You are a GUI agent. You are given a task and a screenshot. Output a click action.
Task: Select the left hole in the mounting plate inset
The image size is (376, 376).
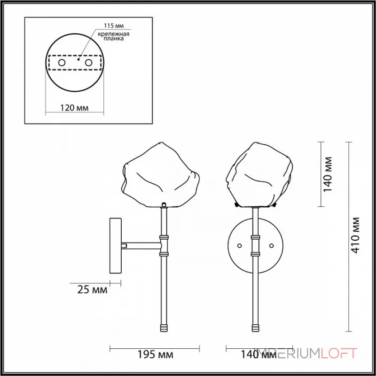click(61, 62)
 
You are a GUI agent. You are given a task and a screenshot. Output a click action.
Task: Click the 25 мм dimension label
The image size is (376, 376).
click(93, 290)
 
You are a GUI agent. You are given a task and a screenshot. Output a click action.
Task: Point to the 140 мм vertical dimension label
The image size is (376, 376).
click(329, 174)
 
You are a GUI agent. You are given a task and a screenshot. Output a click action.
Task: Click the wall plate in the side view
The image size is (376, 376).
click(116, 245)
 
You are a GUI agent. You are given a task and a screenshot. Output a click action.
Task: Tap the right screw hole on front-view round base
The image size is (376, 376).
click(271, 245)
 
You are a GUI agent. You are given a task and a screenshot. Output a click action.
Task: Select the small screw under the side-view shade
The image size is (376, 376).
click(164, 204)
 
